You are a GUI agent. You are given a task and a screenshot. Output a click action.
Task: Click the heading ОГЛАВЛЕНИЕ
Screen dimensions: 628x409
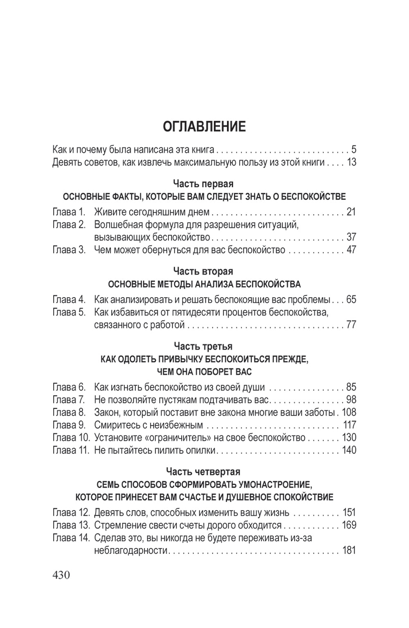point(204,127)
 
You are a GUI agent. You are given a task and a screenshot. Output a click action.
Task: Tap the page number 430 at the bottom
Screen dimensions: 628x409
point(61,575)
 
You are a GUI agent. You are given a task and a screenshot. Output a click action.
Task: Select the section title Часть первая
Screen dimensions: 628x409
point(203,184)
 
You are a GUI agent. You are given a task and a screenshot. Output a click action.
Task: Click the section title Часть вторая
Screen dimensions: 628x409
point(203,271)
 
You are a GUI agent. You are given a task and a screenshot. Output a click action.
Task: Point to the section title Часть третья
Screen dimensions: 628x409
point(203,346)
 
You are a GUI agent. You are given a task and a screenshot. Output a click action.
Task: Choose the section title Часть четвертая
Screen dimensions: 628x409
point(203,472)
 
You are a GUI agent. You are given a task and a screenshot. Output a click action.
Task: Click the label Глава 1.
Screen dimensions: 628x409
point(69,212)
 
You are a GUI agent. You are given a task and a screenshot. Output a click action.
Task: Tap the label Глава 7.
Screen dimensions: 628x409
point(69,399)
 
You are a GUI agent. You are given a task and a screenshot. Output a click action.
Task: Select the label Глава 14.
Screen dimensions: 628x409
point(71,538)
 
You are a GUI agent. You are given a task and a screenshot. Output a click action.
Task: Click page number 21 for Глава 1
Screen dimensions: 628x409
point(351,212)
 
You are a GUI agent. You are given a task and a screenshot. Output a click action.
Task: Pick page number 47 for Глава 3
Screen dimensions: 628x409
point(351,250)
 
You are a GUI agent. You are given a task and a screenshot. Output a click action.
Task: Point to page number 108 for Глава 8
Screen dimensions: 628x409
point(349,412)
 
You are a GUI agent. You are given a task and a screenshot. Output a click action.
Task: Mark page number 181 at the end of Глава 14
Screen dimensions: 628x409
point(349,550)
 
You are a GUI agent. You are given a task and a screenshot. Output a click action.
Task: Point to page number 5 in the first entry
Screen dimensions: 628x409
point(354,149)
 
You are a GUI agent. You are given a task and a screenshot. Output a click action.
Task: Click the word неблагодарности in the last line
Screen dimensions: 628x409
point(131,550)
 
